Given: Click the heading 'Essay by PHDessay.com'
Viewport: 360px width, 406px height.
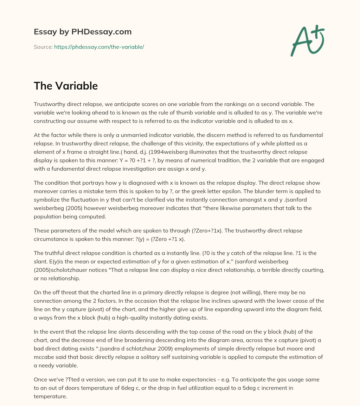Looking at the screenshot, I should [x=83, y=32].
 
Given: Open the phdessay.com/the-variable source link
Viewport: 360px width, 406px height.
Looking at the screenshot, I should [x=99, y=47].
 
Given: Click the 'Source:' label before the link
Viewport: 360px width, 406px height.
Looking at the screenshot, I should [x=43, y=47].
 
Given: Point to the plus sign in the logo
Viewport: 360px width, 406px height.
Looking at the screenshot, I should [x=319, y=31].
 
